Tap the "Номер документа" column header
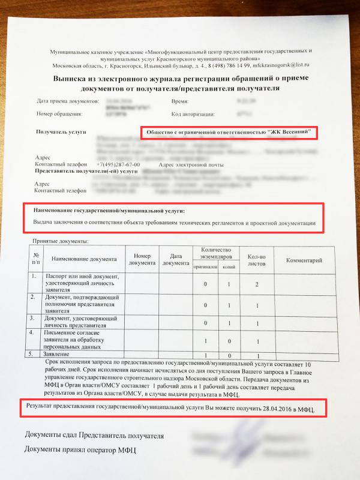tap(141, 259)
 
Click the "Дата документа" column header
tap(175, 259)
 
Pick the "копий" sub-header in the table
tap(229, 267)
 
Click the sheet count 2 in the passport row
tap(257, 284)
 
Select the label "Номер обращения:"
tap(59, 113)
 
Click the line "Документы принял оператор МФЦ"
tap(80, 448)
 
